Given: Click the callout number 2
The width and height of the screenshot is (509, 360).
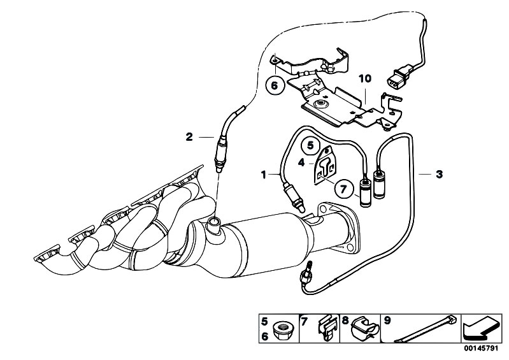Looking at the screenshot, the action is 189,137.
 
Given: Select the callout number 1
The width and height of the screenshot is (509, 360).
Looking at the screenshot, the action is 264,175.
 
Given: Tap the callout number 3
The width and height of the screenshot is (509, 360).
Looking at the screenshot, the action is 439,175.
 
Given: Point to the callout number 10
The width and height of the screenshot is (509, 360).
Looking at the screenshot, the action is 365,78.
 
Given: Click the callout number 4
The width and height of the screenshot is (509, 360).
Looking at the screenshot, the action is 301,162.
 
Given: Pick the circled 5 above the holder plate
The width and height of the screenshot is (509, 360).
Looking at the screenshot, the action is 311,145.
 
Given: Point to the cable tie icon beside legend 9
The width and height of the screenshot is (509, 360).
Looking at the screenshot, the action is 426,328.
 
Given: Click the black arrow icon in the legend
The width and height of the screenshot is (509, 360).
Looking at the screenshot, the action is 480,328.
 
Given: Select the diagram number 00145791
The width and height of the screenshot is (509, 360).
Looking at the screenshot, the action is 480,349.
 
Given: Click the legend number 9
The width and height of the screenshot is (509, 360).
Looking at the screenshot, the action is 387,320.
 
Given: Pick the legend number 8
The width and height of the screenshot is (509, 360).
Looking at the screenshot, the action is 345,320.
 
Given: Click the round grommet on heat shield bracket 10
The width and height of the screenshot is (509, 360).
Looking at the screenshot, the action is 322,104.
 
